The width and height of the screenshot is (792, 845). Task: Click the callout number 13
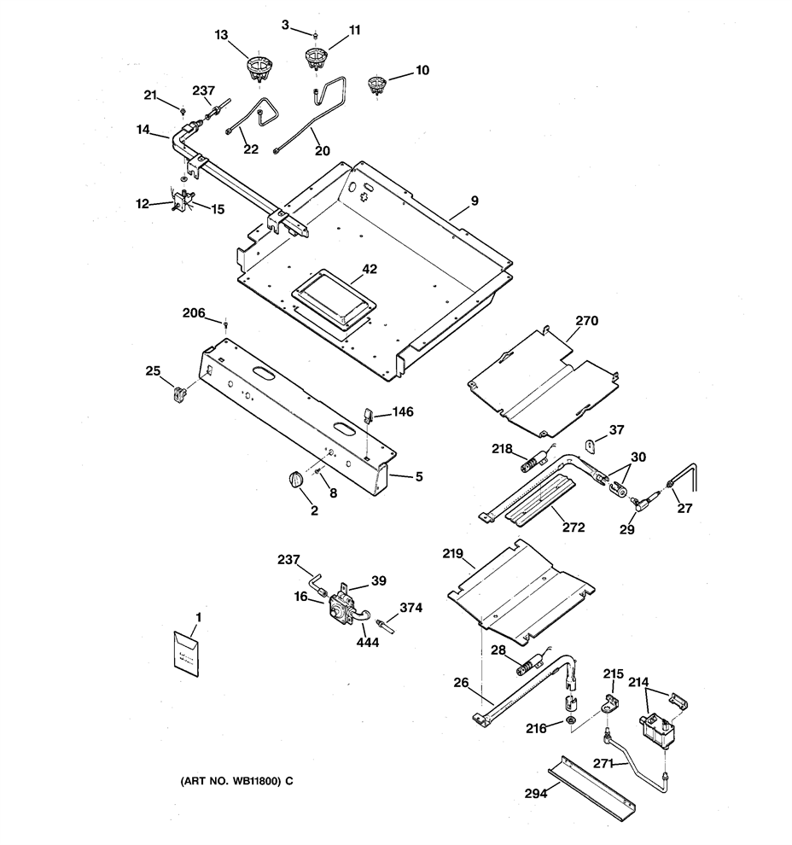[x=221, y=35]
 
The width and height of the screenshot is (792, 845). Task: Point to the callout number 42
[x=370, y=269]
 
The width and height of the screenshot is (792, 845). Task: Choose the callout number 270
[x=586, y=321]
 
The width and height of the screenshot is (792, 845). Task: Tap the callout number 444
[x=368, y=642]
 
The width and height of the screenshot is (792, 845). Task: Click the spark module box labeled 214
[x=656, y=731]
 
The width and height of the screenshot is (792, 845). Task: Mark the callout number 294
[x=536, y=793]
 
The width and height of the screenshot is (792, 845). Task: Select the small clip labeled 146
[x=368, y=415]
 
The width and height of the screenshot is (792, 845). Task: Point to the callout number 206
[x=194, y=312]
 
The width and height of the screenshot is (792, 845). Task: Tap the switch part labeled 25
[x=178, y=394]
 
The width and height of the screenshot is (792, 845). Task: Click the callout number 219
[x=452, y=553]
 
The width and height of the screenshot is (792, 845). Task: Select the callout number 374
[x=411, y=608]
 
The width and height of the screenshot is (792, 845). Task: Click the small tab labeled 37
[x=591, y=446]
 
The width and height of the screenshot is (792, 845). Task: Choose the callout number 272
[x=574, y=527]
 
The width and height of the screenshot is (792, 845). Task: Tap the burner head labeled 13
[x=259, y=70]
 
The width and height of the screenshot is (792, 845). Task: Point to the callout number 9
[x=475, y=201]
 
